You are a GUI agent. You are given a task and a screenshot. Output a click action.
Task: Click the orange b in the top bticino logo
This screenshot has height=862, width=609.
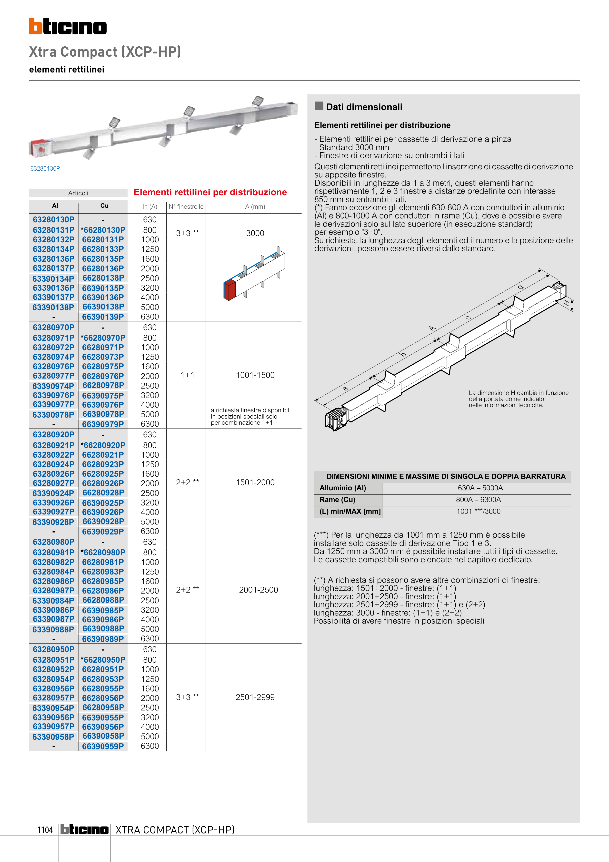pyautogui.click(x=35, y=26)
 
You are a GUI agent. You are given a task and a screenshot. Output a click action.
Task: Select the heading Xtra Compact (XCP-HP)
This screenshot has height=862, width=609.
pyautogui.click(x=105, y=52)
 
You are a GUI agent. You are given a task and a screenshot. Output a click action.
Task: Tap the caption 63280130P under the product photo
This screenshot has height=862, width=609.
pyautogui.click(x=45, y=169)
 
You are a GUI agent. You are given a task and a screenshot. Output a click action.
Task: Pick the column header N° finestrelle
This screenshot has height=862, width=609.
pyautogui.click(x=186, y=206)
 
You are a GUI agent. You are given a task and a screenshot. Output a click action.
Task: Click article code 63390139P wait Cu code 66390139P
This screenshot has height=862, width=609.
pyautogui.click(x=103, y=317)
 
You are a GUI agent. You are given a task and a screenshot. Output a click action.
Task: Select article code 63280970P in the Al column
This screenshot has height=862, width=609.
pyautogui.click(x=54, y=327)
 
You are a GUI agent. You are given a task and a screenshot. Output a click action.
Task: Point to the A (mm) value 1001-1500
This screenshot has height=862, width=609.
pyautogui.click(x=255, y=375)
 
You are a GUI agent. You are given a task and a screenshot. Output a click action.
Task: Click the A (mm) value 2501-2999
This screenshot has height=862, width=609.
pyautogui.click(x=255, y=697)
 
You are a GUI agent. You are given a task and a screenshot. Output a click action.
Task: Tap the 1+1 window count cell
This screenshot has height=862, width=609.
pyautogui.click(x=187, y=375)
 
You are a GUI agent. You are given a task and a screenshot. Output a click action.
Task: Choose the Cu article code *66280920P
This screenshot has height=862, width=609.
pyautogui.click(x=103, y=445)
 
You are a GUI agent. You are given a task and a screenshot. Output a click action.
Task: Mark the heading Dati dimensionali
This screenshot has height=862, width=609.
pyautogui.click(x=364, y=107)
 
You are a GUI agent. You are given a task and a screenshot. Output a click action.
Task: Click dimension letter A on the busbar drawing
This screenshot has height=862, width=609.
pyautogui.click(x=432, y=328)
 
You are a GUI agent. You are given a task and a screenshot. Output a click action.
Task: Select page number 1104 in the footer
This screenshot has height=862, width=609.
pyautogui.click(x=45, y=830)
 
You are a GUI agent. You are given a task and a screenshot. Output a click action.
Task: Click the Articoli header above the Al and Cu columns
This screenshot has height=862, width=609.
pyautogui.click(x=78, y=193)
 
